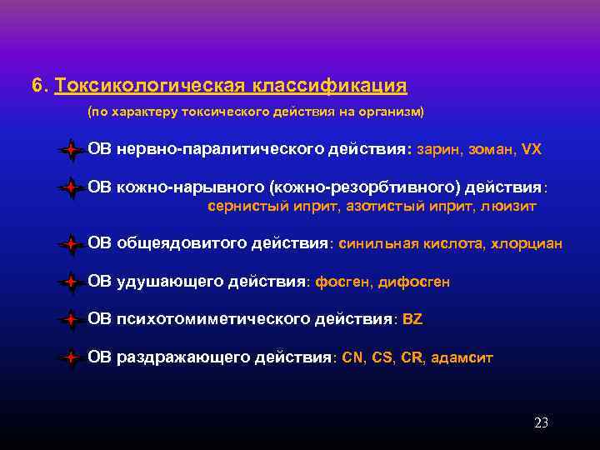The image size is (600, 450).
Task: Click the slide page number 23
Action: point(541,422)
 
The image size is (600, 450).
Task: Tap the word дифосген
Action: point(413,282)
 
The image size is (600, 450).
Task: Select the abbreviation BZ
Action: point(412,319)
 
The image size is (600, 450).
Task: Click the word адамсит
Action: point(462,357)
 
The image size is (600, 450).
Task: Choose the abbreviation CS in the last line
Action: point(382,357)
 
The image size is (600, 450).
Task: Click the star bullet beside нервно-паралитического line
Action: point(72,151)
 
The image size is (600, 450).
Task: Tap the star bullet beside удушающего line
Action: point(72,282)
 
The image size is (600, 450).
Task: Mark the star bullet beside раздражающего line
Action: point(72,358)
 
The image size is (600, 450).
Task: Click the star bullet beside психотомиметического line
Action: point(72,320)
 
